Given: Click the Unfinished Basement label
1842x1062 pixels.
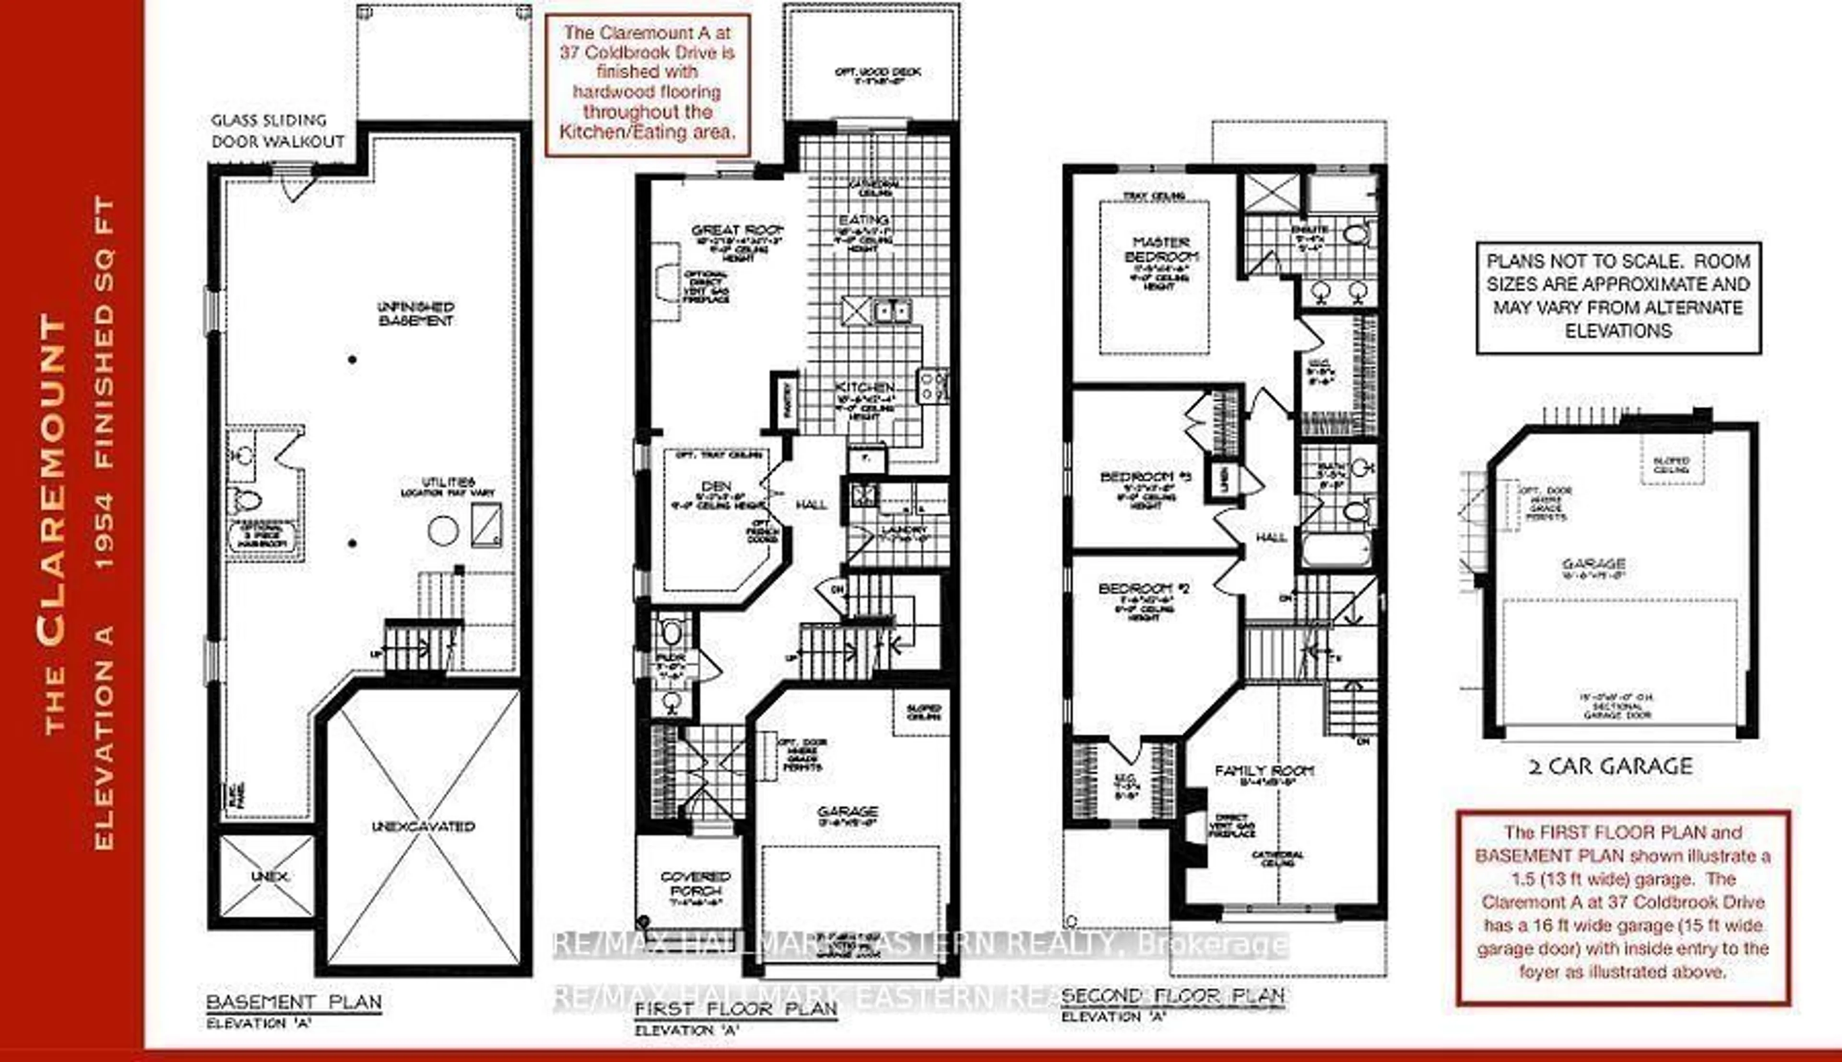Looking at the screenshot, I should coord(416,314).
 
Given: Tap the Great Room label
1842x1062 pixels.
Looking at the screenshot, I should coord(736,231).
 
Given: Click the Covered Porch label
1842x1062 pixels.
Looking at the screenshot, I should coord(695,883).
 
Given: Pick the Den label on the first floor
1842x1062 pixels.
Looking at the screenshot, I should coord(716,486).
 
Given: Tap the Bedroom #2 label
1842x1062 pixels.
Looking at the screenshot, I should coord(1144,588).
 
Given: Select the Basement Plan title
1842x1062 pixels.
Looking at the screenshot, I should coord(294,1002).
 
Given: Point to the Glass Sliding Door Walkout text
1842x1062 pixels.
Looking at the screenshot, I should coord(277,130).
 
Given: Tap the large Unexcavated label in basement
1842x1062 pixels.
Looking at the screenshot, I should coord(423,826).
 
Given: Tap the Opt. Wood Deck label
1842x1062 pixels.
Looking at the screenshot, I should coord(877,72).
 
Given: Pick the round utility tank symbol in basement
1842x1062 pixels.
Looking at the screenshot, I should coord(443,530).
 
